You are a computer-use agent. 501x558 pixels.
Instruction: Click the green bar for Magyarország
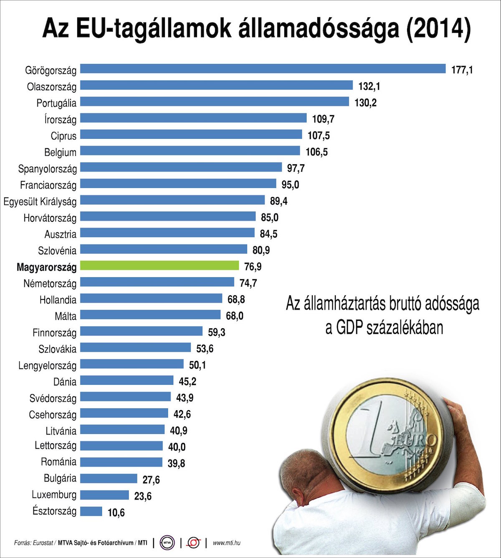point(159,266)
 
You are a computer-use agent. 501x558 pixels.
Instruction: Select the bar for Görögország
point(263,69)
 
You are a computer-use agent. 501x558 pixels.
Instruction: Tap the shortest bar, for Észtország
point(91,511)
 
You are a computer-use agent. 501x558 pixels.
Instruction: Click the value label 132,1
point(369,86)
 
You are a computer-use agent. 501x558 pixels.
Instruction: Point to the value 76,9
point(253,267)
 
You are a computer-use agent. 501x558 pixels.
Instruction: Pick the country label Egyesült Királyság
point(40,202)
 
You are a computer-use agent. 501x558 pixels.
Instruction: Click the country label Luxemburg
point(54,495)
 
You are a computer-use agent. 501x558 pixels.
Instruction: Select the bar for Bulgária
point(109,479)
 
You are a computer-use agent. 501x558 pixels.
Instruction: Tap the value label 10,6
point(116,512)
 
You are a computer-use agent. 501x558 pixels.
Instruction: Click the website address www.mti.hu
point(227,543)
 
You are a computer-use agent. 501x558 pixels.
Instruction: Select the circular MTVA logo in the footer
point(167,543)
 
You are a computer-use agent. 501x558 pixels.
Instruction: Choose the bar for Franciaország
point(178,184)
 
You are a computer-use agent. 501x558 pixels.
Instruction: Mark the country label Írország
point(61,119)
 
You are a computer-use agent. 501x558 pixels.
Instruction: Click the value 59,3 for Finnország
point(217,332)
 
